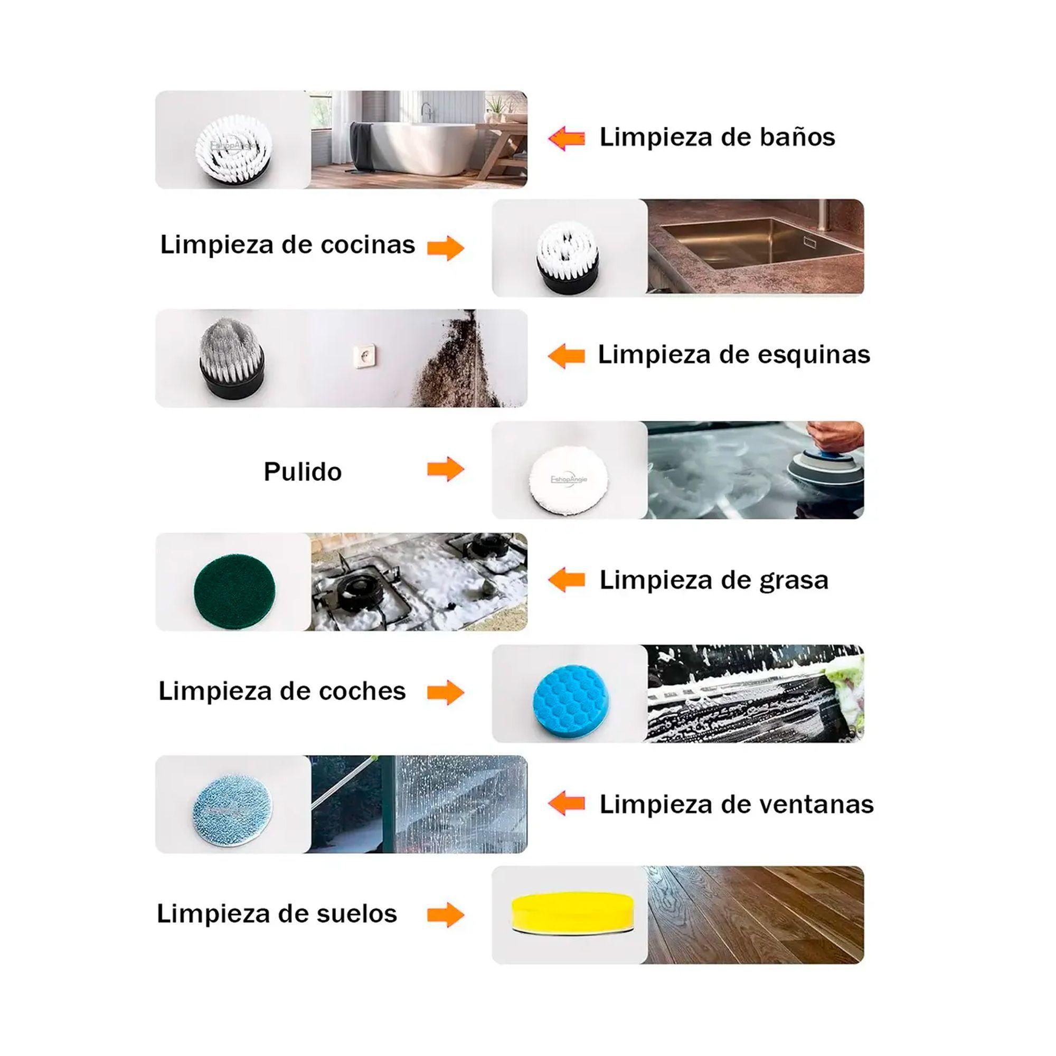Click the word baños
click(x=797, y=137)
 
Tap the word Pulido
click(x=303, y=472)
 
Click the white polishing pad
click(x=569, y=479)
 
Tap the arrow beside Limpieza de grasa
click(x=567, y=580)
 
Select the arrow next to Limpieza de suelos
click(x=446, y=914)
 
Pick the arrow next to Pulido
click(x=446, y=469)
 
